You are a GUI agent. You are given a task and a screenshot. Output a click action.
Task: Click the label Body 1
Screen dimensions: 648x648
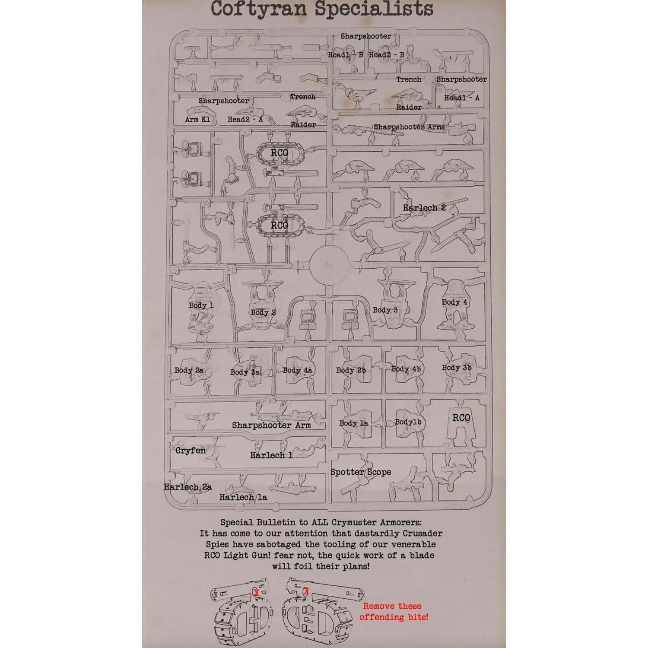(201, 305)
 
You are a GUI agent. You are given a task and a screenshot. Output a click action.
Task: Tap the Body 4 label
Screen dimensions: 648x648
(454, 302)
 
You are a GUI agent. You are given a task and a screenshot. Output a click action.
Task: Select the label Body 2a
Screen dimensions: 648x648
(189, 371)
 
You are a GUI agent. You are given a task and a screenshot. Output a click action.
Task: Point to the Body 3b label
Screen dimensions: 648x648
(456, 368)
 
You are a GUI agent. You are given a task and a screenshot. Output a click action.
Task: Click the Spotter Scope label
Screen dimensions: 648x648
(361, 472)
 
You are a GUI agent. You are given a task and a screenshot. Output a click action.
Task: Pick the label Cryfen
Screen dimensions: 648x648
(191, 451)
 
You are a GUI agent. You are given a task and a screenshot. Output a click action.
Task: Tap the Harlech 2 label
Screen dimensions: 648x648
(424, 208)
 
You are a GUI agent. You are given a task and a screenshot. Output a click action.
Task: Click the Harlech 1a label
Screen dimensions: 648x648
(243, 497)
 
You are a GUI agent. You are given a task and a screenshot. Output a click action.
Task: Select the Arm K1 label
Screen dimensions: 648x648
(197, 119)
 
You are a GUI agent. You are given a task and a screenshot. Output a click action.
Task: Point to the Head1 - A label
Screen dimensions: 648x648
(462, 98)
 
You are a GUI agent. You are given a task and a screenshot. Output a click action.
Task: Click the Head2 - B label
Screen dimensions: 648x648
(386, 55)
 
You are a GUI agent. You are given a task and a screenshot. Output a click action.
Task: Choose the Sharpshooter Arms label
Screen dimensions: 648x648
(409, 127)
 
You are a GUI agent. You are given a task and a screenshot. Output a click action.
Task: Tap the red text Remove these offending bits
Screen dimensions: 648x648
(394, 612)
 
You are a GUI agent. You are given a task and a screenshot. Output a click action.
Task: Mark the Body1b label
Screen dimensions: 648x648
(408, 422)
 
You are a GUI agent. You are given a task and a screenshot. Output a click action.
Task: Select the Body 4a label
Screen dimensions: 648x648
(298, 370)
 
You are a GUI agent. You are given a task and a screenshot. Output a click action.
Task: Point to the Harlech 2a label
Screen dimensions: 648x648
(188, 487)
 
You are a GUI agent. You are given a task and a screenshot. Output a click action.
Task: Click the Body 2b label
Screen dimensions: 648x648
(351, 370)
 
